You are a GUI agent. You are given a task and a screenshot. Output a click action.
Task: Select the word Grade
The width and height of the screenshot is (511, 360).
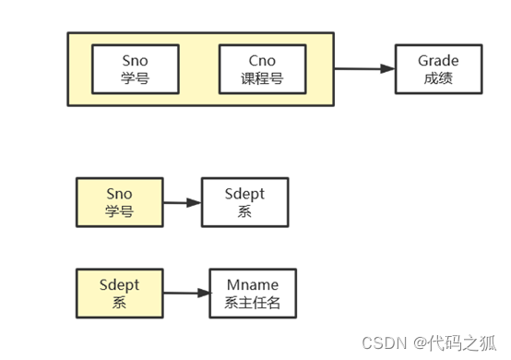click(438, 61)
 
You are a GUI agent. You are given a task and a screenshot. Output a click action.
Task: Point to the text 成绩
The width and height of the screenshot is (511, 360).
click(438, 78)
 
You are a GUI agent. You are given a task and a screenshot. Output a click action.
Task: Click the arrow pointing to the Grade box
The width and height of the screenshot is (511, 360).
click(363, 68)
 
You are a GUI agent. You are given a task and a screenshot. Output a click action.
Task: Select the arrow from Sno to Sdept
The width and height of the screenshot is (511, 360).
click(182, 202)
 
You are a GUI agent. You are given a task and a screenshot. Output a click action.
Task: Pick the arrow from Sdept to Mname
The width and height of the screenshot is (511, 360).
click(186, 293)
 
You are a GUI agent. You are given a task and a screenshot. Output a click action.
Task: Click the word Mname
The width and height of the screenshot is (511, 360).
click(251, 284)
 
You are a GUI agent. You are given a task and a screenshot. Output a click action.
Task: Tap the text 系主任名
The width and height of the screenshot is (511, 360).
click(251, 302)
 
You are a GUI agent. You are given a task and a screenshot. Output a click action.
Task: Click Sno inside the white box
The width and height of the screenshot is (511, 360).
click(135, 60)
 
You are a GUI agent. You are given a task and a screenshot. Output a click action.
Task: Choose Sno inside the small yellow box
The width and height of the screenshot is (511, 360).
click(119, 194)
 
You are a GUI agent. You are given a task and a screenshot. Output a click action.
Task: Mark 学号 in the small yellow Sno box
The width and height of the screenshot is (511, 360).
click(119, 211)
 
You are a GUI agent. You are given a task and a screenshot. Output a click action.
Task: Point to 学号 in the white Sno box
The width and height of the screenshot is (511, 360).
click(135, 78)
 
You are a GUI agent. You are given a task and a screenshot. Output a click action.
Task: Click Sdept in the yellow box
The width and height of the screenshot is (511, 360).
click(119, 284)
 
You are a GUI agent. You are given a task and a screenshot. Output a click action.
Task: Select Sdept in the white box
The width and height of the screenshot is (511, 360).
click(244, 194)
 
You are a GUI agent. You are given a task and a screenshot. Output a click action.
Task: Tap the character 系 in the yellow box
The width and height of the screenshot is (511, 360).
click(119, 302)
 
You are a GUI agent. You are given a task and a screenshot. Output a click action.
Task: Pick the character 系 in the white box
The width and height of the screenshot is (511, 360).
click(244, 211)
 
